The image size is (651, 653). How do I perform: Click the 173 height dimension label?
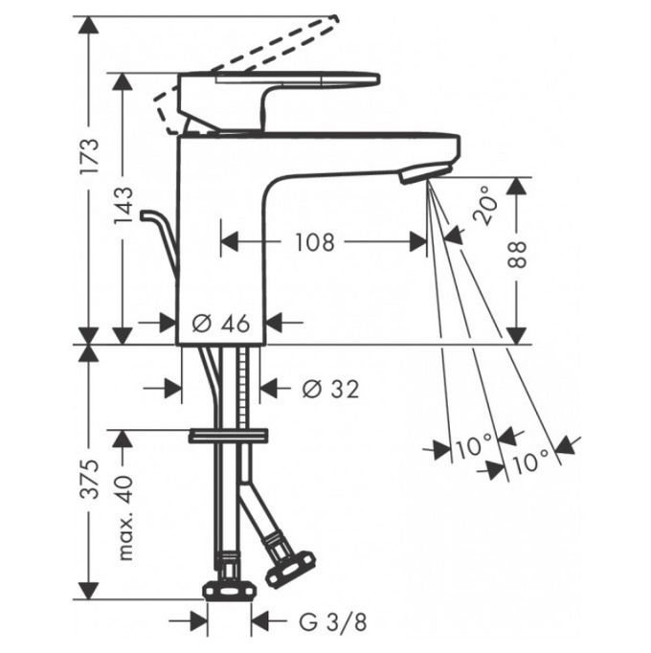tap(90, 156)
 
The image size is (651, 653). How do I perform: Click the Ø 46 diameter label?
tap(221, 324)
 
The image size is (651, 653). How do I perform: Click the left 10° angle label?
tap(473, 446)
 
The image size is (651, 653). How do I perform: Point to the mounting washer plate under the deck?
tap(227, 436)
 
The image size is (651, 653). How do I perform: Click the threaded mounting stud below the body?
tap(249, 388)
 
